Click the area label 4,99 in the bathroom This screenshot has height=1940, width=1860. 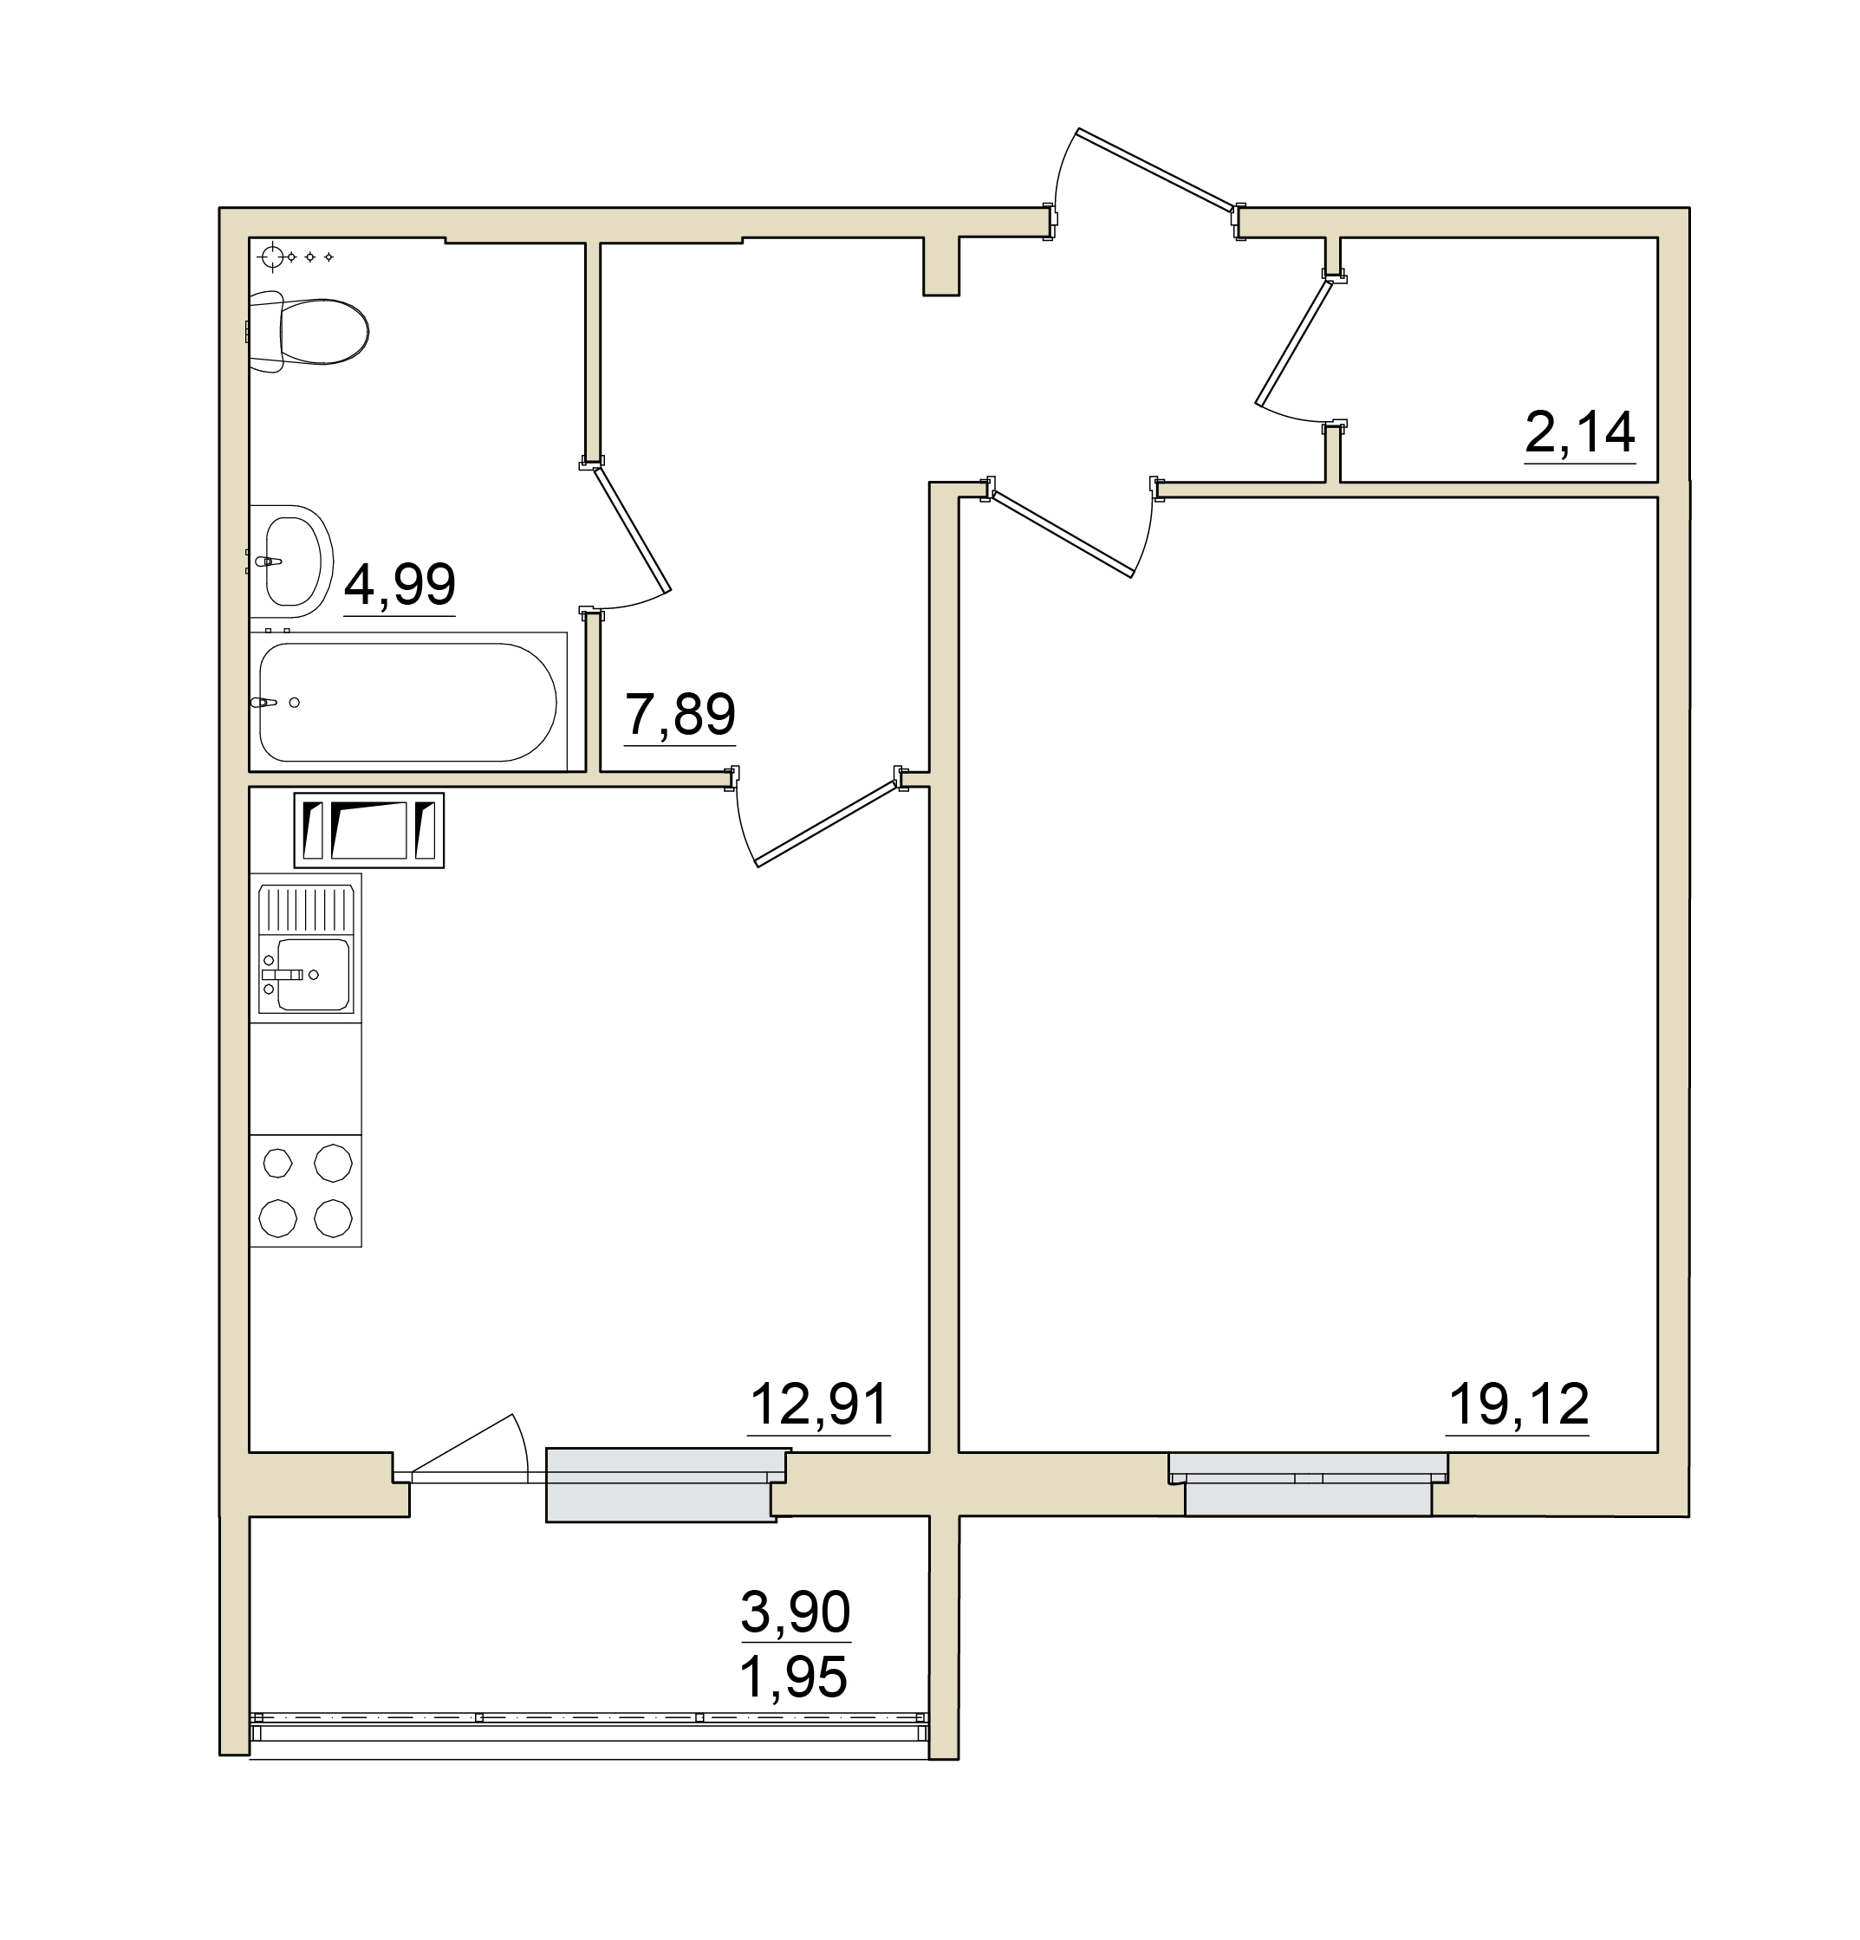pos(399,584)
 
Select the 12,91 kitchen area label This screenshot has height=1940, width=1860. pos(820,1405)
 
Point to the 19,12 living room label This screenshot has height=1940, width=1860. pos(1518,1405)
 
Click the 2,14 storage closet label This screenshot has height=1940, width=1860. pos(1579,432)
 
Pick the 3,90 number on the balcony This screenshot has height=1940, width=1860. pos(795,1612)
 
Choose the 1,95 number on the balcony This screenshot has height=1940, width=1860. pos(794,1677)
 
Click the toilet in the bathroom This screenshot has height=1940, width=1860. pos(308,331)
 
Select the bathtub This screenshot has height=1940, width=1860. pos(408,701)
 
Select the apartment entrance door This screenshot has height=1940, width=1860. pos(1156,169)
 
